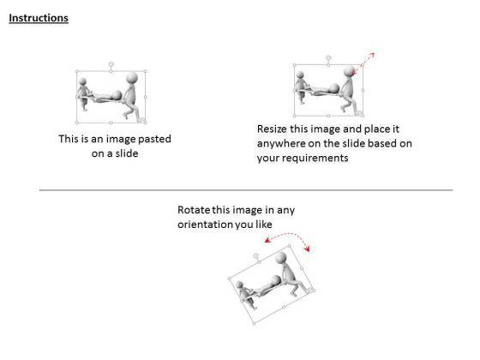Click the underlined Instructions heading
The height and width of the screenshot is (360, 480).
click(x=39, y=18)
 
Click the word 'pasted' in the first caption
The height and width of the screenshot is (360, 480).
click(x=154, y=139)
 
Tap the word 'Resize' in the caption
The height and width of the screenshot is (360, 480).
click(x=272, y=129)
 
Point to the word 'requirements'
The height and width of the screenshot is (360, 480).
click(x=303, y=159)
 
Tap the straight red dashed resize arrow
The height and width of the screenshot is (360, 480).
click(x=363, y=63)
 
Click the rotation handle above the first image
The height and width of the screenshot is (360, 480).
click(x=111, y=64)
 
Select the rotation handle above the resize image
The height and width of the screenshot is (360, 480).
click(x=328, y=57)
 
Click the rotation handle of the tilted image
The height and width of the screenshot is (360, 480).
click(x=256, y=255)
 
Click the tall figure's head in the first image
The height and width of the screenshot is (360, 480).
click(x=132, y=77)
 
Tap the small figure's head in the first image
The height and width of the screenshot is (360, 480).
click(x=82, y=81)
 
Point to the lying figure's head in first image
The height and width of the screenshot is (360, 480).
click(x=117, y=95)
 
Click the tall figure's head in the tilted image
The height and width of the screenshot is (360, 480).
click(x=281, y=258)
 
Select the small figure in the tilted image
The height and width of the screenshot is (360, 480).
click(x=246, y=295)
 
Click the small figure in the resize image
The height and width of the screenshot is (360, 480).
click(x=301, y=87)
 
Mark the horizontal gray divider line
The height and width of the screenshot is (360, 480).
click(x=246, y=190)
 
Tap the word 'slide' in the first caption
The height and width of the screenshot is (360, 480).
click(x=127, y=153)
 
